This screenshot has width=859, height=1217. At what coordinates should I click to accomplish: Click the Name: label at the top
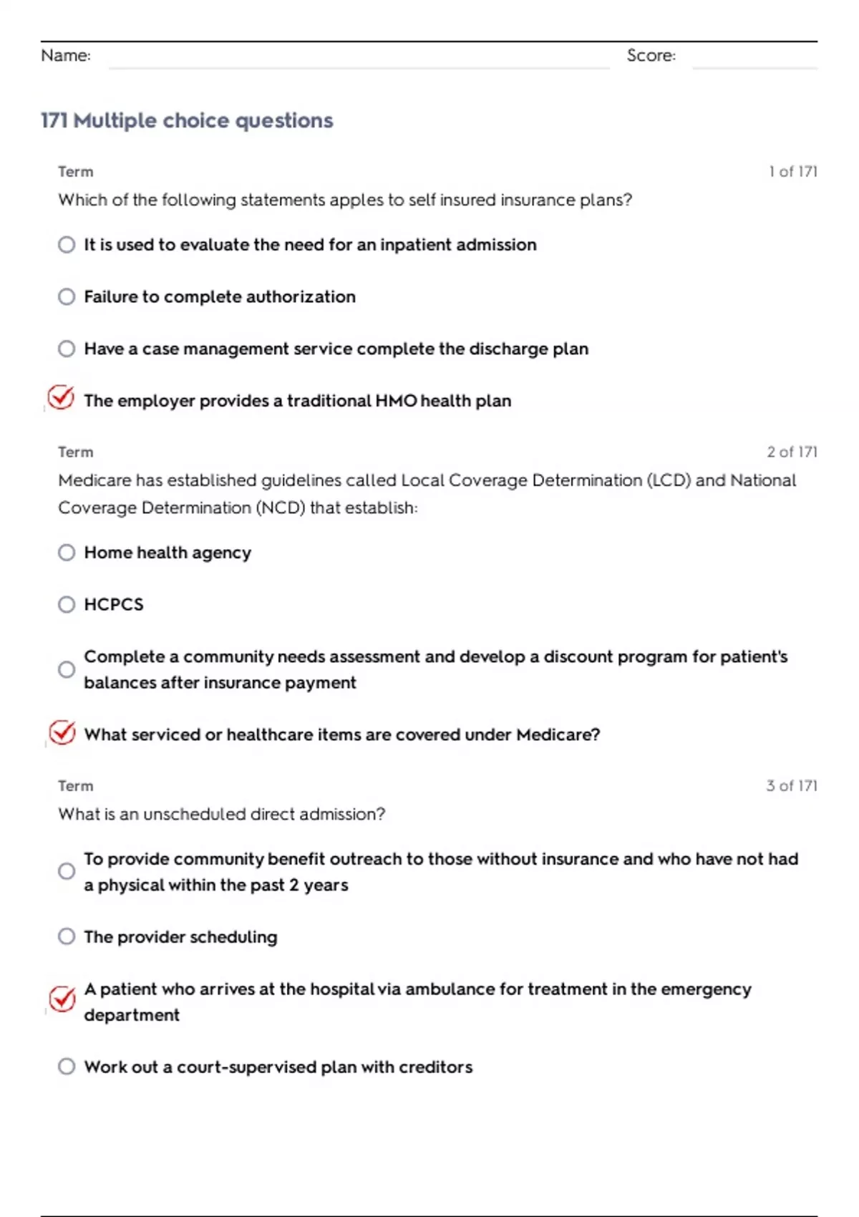pyautogui.click(x=66, y=55)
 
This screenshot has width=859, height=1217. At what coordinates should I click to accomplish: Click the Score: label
pyautogui.click(x=651, y=55)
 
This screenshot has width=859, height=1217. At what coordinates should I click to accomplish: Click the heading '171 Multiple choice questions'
pyautogui.click(x=187, y=120)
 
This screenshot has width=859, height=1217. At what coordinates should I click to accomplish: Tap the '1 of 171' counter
pyautogui.click(x=792, y=172)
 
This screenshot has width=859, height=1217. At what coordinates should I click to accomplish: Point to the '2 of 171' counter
pyautogui.click(x=792, y=452)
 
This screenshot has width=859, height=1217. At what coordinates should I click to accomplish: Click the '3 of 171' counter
pyautogui.click(x=792, y=785)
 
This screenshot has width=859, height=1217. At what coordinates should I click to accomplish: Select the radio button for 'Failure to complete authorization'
pyautogui.click(x=67, y=296)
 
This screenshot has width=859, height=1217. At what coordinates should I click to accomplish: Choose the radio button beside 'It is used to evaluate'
pyautogui.click(x=67, y=245)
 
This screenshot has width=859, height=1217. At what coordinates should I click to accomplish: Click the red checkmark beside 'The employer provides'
pyautogui.click(x=62, y=397)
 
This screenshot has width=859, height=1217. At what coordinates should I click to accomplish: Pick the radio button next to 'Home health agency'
pyautogui.click(x=67, y=553)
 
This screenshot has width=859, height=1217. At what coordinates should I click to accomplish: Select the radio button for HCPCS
pyautogui.click(x=67, y=605)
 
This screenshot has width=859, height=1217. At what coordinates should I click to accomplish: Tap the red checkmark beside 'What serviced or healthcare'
pyautogui.click(x=62, y=732)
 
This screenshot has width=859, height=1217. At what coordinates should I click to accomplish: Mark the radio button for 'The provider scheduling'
pyautogui.click(x=67, y=936)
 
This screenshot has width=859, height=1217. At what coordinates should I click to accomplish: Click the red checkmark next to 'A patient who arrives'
pyautogui.click(x=62, y=999)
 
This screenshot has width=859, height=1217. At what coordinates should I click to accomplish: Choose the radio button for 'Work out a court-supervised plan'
pyautogui.click(x=67, y=1067)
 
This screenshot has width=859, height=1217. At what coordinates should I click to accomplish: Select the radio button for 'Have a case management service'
pyautogui.click(x=67, y=349)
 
